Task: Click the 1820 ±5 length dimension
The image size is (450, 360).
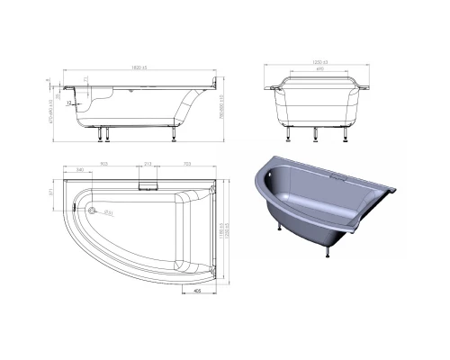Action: tap(139, 67)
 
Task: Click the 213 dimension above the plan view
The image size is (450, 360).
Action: tap(147, 163)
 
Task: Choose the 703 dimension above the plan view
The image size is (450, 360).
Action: tap(185, 163)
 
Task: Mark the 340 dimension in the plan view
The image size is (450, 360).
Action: tap(80, 170)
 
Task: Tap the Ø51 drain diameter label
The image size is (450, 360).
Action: tap(107, 212)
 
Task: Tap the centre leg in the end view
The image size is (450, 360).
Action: tap(315, 132)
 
